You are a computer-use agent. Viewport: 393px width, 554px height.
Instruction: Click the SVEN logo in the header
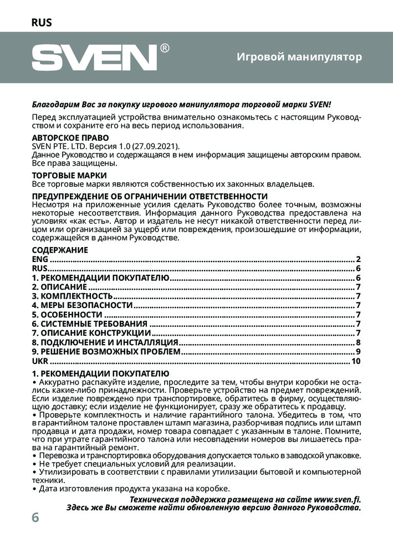(95, 58)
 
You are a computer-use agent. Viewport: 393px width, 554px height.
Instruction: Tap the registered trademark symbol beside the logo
(165, 48)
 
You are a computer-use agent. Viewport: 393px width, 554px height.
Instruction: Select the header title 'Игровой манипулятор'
(299, 57)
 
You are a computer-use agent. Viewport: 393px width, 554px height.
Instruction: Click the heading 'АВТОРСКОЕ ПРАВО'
(70, 137)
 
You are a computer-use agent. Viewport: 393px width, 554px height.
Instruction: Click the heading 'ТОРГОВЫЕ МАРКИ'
(69, 176)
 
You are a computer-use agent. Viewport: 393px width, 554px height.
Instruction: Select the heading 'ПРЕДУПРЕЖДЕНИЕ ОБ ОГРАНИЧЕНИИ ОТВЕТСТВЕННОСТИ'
(150, 197)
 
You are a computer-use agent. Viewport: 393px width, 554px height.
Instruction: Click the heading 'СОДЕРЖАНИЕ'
(60, 250)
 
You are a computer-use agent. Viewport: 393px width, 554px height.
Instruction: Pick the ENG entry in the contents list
(40, 259)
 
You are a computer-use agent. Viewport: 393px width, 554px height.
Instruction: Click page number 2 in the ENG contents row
(359, 259)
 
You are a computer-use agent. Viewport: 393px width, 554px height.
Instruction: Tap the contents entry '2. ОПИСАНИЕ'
(59, 287)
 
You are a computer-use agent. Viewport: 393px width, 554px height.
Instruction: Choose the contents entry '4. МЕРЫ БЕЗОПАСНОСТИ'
(82, 305)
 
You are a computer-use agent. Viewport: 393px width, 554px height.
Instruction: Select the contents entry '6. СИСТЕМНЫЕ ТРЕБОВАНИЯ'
(89, 324)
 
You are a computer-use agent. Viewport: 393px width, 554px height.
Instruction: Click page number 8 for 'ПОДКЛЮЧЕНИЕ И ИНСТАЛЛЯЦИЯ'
(359, 342)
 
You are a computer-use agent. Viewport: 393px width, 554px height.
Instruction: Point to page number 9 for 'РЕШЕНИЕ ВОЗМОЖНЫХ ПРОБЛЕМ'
(359, 352)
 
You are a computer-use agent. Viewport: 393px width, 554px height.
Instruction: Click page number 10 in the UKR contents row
(356, 361)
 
